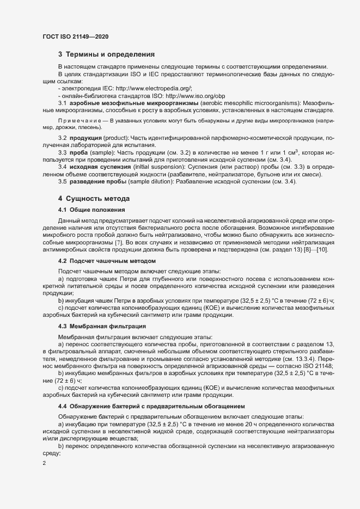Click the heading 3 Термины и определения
pyautogui.click(x=106, y=54)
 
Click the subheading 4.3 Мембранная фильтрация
pyautogui.click(x=101, y=326)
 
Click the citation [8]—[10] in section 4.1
pyautogui.click(x=327, y=249)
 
